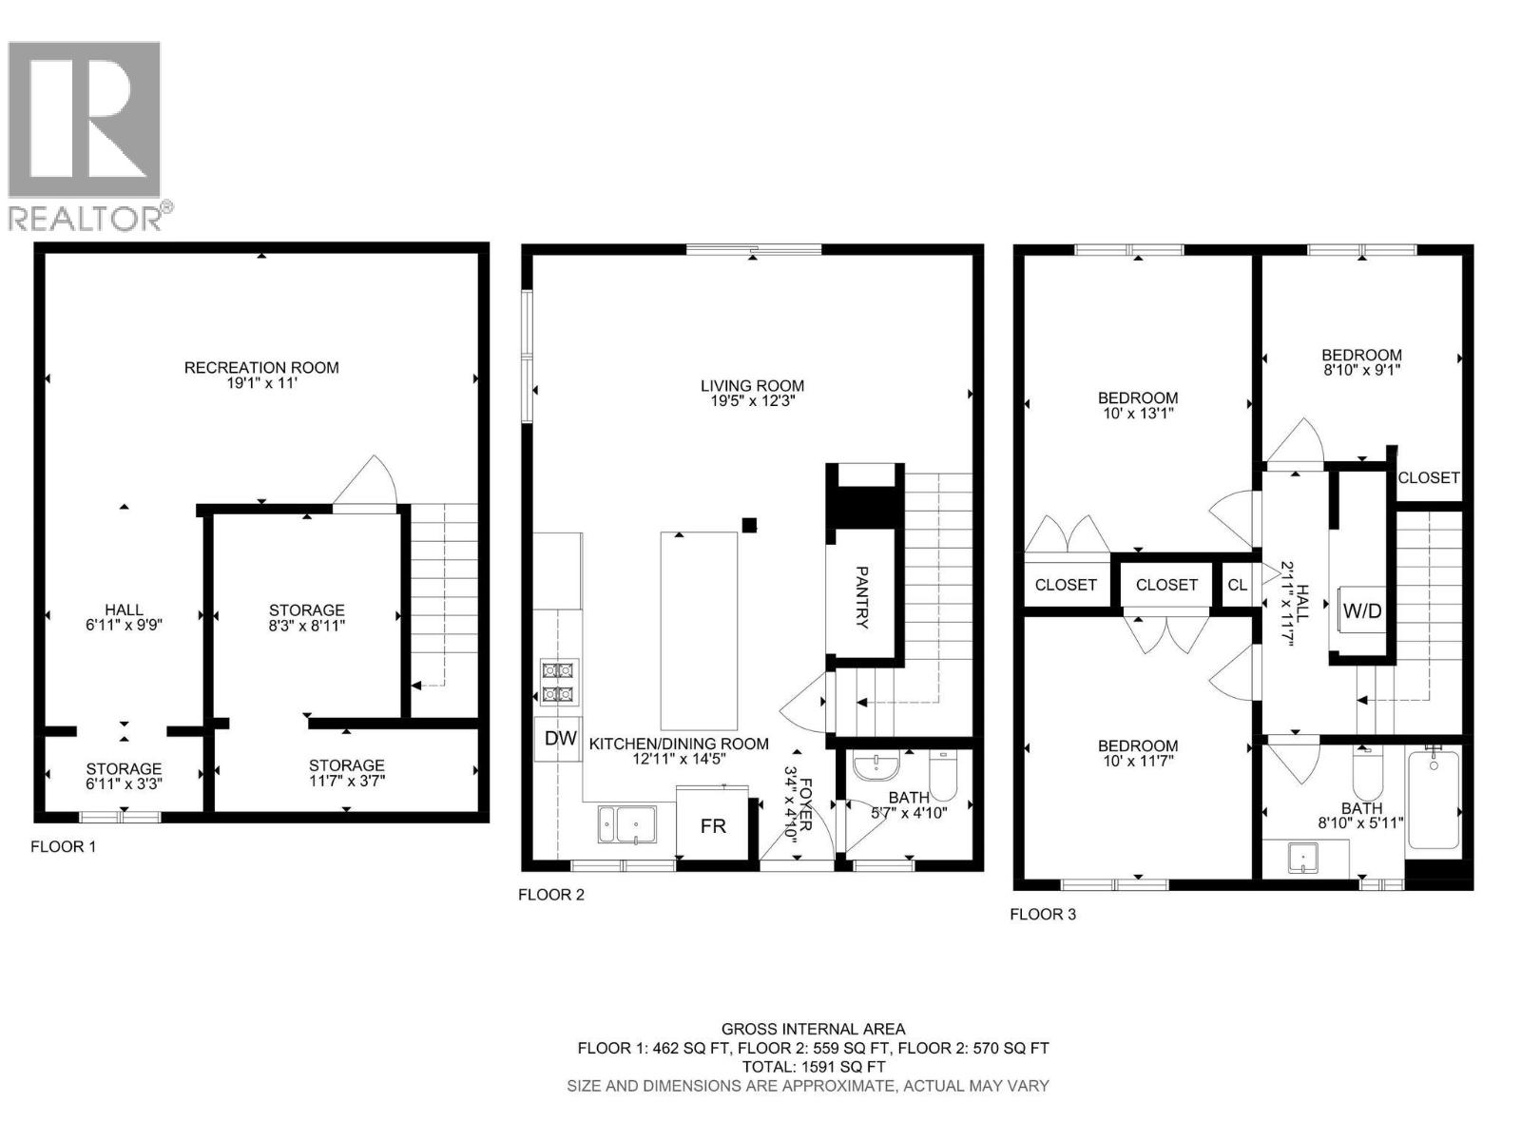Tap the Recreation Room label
point(261,368)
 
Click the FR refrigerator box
point(713,826)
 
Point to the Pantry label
point(862,597)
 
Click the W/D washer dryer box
point(1361,611)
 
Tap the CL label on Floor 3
point(1237,585)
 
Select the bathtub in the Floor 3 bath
point(1434,799)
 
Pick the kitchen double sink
point(626,824)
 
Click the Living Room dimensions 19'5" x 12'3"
point(752,401)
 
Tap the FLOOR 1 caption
point(64,846)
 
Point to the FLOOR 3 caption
point(1043,915)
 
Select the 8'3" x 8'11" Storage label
point(306,618)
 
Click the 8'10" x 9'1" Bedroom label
point(1361,362)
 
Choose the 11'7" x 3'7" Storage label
point(346,773)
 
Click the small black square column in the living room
point(749,524)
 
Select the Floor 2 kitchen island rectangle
point(699,630)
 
